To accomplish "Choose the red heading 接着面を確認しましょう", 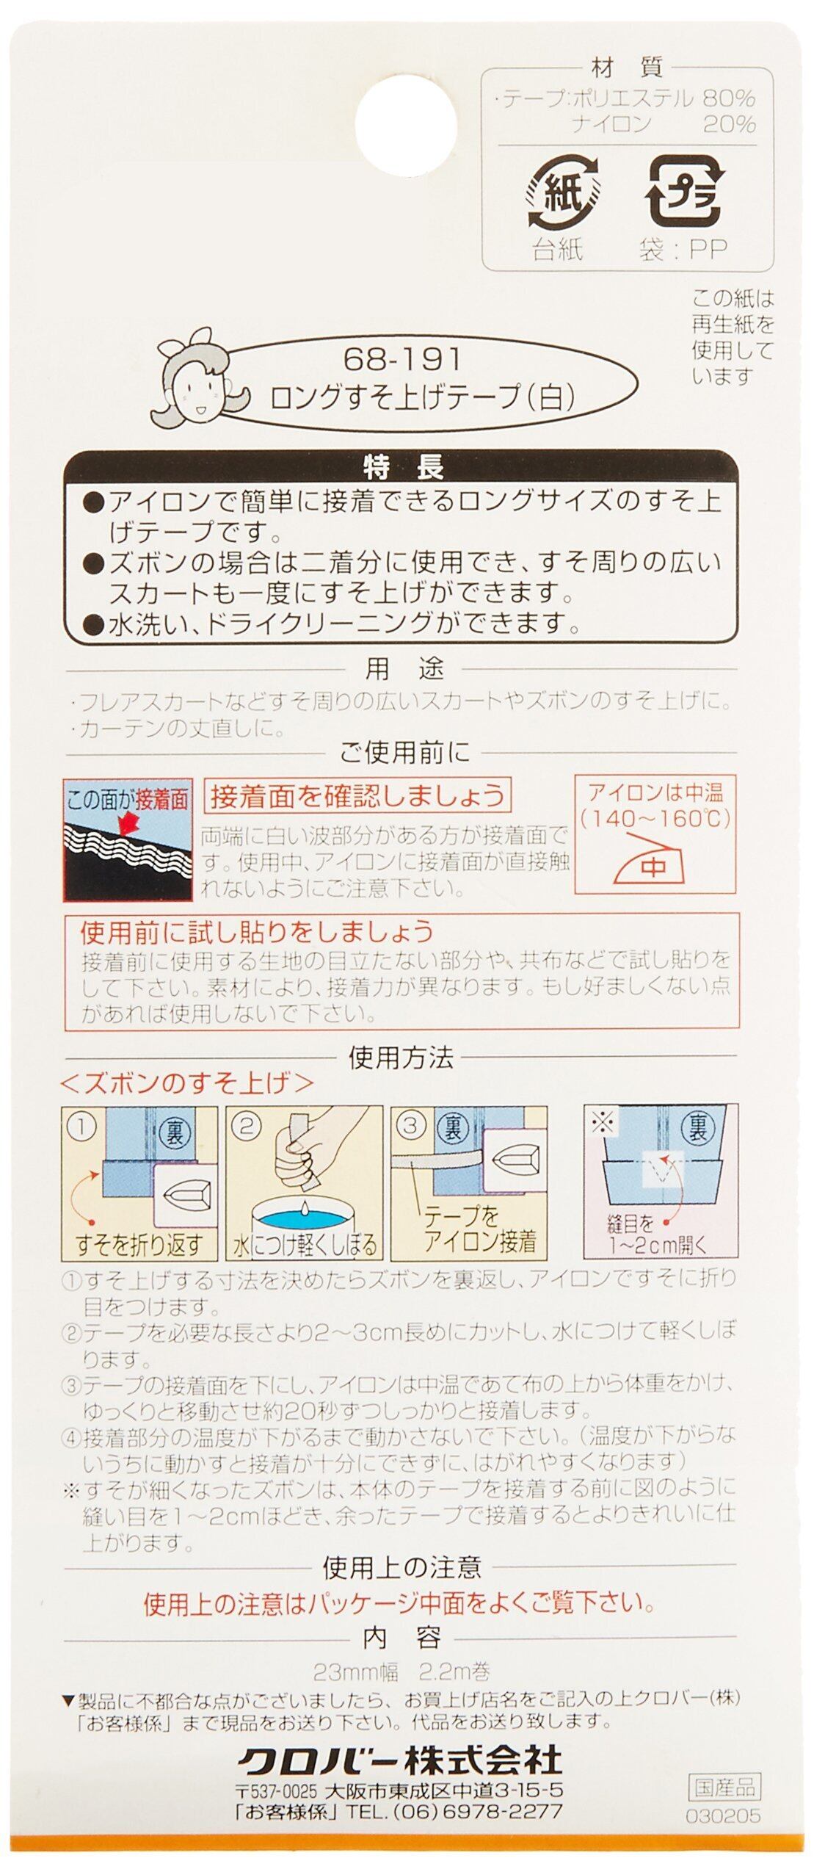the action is click(x=357, y=795).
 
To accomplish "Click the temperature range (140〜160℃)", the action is click(x=655, y=817).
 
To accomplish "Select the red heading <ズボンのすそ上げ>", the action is click(x=188, y=1082).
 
